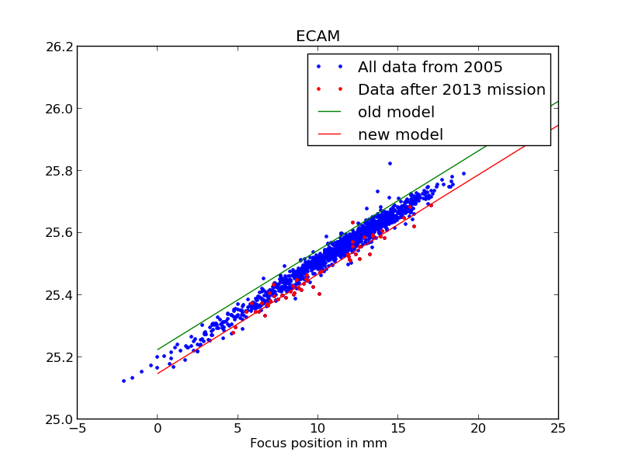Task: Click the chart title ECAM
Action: tap(317, 37)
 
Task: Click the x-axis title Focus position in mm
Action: tap(318, 443)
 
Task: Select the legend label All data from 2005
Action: tap(430, 67)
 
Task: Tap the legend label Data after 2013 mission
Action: tap(451, 89)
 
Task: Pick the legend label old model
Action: tap(396, 112)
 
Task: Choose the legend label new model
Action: tap(400, 134)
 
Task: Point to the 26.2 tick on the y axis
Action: tap(59, 47)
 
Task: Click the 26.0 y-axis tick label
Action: tap(59, 109)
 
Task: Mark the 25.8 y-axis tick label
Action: tap(59, 171)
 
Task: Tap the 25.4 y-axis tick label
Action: tap(59, 295)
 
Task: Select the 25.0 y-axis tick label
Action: tap(59, 419)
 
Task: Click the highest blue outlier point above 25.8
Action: tap(390, 163)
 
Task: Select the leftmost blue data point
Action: tap(123, 381)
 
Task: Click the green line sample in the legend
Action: tap(329, 112)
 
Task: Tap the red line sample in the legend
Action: tap(329, 134)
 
